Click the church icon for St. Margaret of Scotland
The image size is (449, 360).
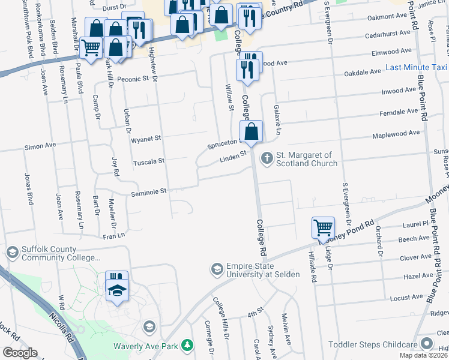[x=267, y=159]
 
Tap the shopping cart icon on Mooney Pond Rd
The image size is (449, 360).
[x=323, y=228]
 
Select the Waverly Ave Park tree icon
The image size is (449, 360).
[x=188, y=345]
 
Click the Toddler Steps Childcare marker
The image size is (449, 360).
[x=427, y=344]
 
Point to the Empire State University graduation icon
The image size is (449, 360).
[x=216, y=268]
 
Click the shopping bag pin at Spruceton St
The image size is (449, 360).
[x=251, y=131]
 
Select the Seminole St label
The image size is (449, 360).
[x=148, y=192]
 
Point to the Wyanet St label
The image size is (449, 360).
[x=146, y=139]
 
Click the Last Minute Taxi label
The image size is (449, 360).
[x=417, y=68]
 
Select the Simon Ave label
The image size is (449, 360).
[x=40, y=145]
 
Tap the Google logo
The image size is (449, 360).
[x=20, y=353]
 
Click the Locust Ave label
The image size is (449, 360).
[x=402, y=298]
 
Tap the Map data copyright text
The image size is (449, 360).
[x=423, y=355]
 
